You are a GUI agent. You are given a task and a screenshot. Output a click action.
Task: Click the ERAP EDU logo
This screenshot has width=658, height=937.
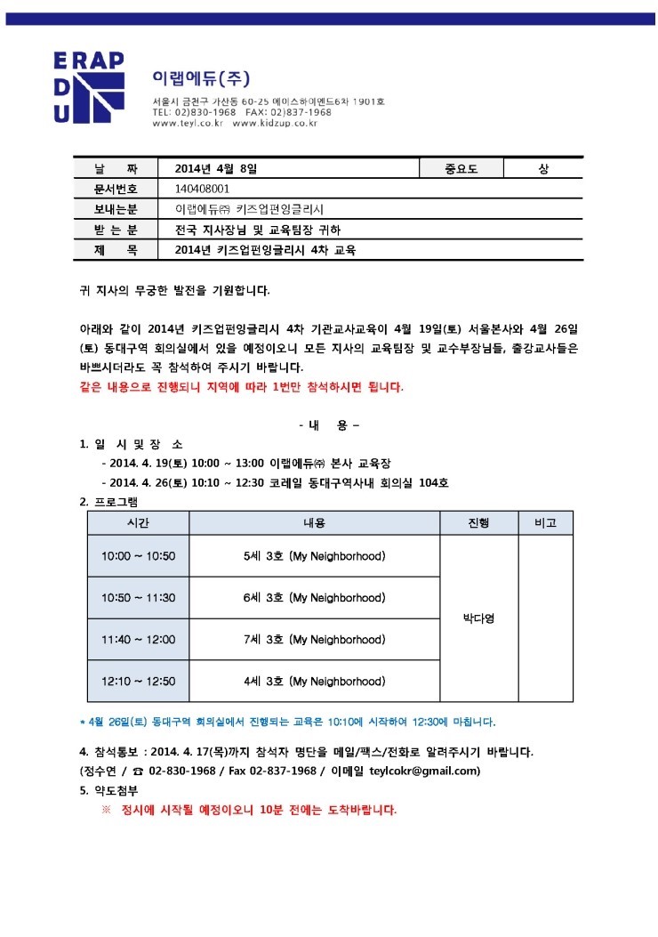88,86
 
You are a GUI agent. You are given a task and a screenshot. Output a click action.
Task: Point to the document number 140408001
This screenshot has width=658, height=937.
204,189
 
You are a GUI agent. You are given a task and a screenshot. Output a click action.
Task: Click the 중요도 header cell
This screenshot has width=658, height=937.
461,168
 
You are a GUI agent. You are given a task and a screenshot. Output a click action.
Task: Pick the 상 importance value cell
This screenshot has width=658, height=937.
543,168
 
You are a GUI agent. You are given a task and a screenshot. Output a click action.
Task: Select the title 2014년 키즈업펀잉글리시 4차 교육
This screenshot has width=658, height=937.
266,251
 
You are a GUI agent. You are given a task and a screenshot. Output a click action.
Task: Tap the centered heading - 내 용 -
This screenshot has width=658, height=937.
329,425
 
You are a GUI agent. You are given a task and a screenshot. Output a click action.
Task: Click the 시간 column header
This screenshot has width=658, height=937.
138,523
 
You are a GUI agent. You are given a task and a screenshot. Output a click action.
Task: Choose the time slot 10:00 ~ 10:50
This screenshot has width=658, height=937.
138,556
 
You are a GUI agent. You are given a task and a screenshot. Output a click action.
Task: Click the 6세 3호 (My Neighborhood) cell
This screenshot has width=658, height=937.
314,597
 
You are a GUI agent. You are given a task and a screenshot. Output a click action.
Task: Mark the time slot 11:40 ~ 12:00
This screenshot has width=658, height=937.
138,639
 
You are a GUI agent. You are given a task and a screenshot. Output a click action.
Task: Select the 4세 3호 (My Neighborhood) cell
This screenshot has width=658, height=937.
314,681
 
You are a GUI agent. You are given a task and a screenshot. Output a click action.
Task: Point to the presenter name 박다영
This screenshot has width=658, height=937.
477,618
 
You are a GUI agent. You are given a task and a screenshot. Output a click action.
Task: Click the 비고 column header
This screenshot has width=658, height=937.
544,523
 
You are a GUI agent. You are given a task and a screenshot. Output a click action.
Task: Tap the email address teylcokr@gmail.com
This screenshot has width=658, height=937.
424,771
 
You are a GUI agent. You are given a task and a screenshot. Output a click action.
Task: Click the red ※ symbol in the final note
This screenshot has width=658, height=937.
106,810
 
